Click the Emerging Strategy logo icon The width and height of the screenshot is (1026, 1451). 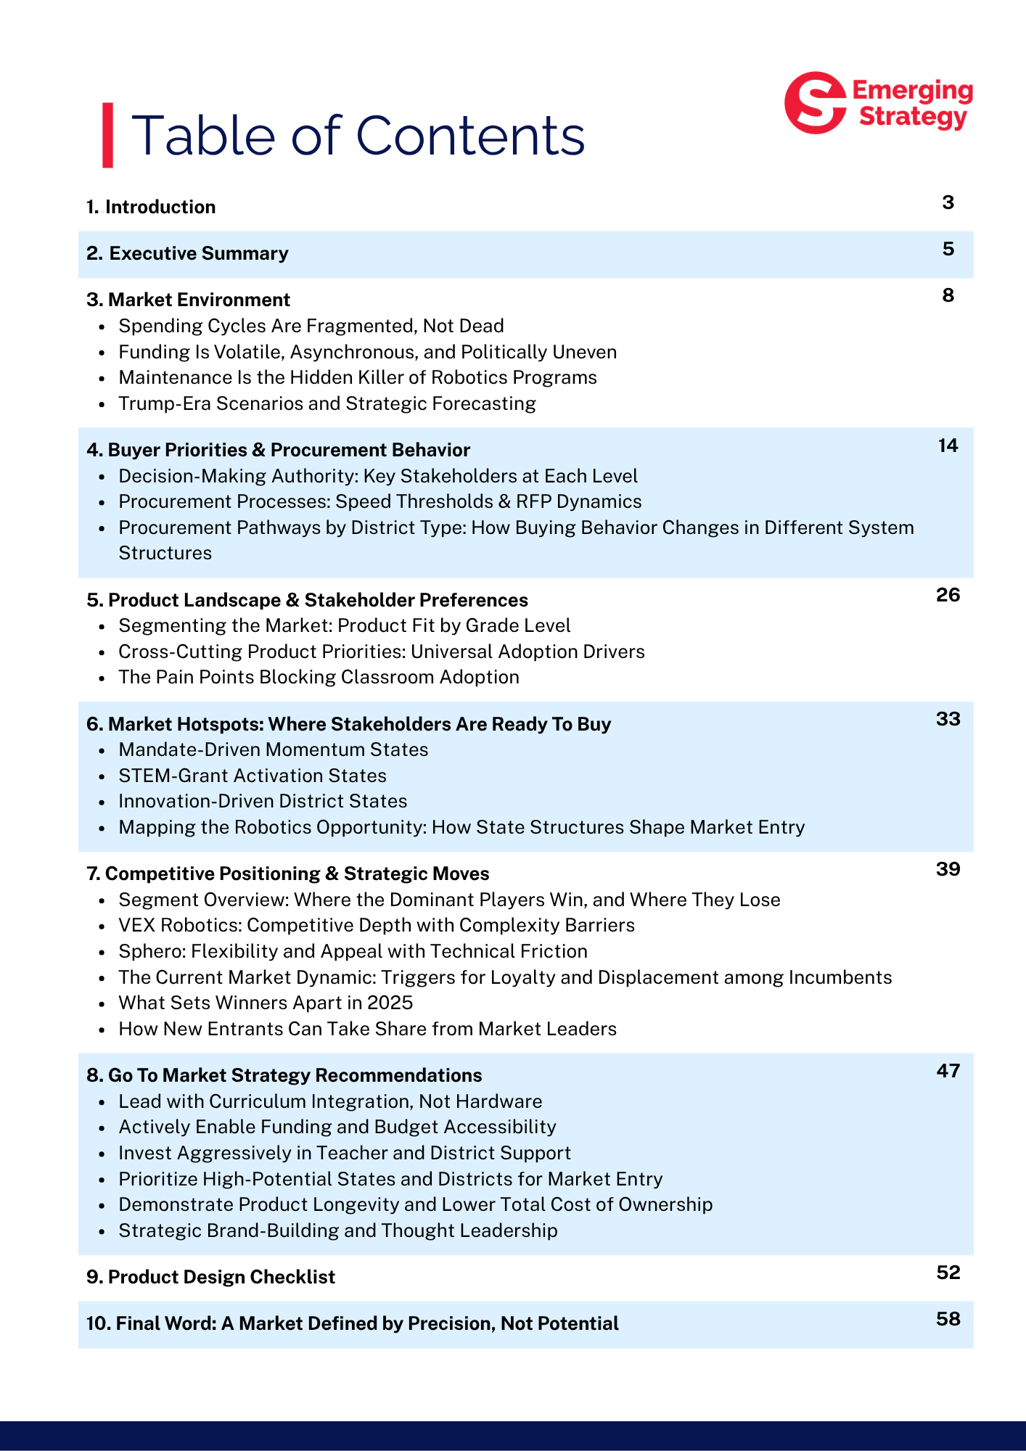[815, 102]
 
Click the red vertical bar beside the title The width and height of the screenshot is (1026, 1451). [107, 135]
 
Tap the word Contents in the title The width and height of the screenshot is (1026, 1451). [470, 135]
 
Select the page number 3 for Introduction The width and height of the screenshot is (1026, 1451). [948, 202]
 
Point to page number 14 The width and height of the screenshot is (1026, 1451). [948, 445]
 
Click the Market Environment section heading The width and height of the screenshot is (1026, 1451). [188, 300]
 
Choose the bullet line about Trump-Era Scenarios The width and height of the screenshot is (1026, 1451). [327, 403]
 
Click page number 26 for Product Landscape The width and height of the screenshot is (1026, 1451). [948, 595]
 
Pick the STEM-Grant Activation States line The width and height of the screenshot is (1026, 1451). [252, 776]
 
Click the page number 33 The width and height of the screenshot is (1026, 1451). [948, 719]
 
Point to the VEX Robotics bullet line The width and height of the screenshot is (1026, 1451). [376, 925]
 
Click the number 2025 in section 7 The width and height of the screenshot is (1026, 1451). [390, 1003]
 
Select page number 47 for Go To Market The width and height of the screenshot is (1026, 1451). [948, 1071]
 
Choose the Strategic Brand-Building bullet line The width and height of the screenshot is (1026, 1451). [337, 1230]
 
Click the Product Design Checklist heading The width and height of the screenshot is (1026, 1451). [210, 1277]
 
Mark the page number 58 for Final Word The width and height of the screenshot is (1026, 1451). [948, 1319]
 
